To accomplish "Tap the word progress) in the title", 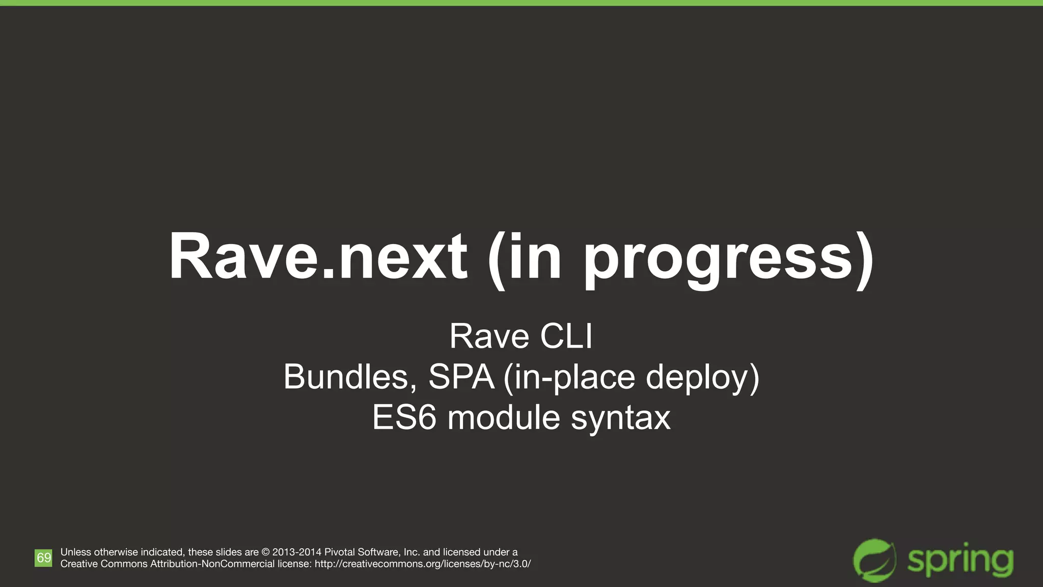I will [728, 260].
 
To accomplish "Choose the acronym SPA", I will [461, 377].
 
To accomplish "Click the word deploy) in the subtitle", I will [702, 378].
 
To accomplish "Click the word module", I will [504, 418].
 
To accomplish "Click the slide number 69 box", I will [43, 557].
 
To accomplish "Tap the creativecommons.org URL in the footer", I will [423, 564].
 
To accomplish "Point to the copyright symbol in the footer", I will [265, 552].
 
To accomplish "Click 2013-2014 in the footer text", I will [297, 552].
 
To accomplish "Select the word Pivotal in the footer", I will [340, 552].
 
